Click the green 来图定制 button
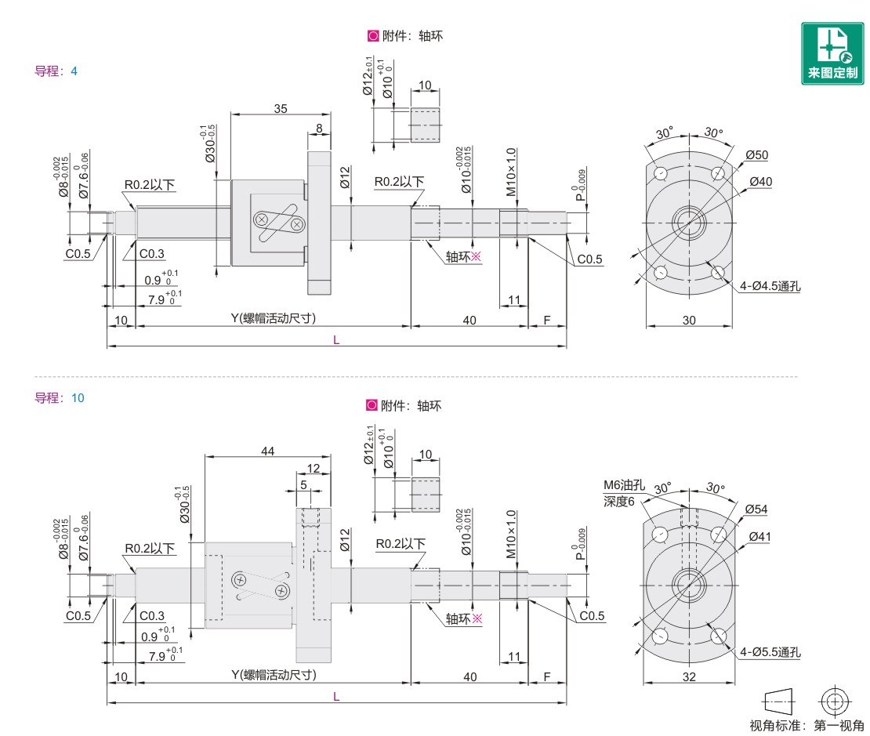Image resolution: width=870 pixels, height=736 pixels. tap(832, 53)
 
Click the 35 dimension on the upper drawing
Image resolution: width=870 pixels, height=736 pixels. tap(281, 109)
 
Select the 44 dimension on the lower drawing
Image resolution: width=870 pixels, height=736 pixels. tap(268, 451)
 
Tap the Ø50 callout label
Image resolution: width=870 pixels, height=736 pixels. tap(757, 155)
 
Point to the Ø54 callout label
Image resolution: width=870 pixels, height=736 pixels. tap(756, 509)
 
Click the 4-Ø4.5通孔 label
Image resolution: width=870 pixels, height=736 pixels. tap(770, 286)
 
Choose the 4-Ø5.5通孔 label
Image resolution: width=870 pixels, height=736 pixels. tap(770, 652)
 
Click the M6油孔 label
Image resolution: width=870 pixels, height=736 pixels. tap(624, 485)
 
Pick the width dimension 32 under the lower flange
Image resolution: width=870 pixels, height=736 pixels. tap(689, 676)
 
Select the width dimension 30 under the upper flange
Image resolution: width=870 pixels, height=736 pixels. tap(689, 321)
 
